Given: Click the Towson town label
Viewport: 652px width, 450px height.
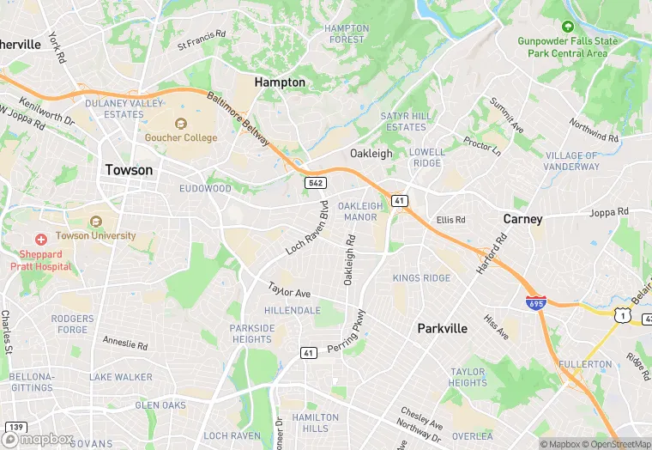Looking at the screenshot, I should point(129,170).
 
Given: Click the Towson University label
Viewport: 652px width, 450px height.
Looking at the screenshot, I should point(95,235).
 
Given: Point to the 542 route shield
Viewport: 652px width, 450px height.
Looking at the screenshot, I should point(314,183).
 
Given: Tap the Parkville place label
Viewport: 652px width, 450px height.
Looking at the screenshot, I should point(442,328).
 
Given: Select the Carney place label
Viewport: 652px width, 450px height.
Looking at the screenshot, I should point(522,219).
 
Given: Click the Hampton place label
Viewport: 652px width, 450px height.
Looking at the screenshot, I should point(280,82).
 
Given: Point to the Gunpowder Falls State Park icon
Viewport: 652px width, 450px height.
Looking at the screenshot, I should point(567,27).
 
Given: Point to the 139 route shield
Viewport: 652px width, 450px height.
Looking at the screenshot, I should point(15,427).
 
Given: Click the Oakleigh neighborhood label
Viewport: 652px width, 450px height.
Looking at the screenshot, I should point(371,154).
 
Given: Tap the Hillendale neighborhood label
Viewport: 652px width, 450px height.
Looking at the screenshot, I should point(293,310).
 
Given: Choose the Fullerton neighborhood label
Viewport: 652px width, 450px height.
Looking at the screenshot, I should point(585,364).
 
